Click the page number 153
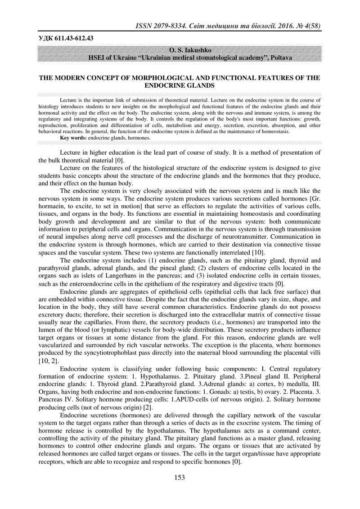(x=180, y=478)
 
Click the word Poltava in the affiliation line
(x=279, y=58)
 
